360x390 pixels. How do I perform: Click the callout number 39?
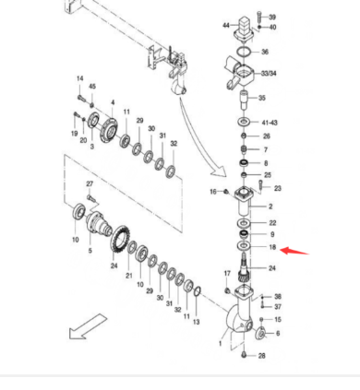(x=272, y=18)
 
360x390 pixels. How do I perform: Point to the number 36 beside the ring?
(x=265, y=53)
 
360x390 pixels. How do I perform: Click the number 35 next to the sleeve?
(x=263, y=98)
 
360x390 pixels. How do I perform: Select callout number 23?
(x=277, y=188)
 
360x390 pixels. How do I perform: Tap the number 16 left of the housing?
(x=212, y=192)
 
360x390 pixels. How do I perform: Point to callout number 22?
(x=272, y=223)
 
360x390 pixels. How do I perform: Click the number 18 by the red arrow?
(x=272, y=249)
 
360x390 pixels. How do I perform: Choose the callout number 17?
(x=226, y=274)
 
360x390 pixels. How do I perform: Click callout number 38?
(x=277, y=297)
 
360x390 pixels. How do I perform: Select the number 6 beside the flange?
(x=277, y=333)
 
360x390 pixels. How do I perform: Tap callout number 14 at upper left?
(x=79, y=79)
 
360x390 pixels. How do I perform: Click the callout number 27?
(x=90, y=185)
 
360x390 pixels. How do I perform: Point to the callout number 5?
(x=90, y=251)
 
